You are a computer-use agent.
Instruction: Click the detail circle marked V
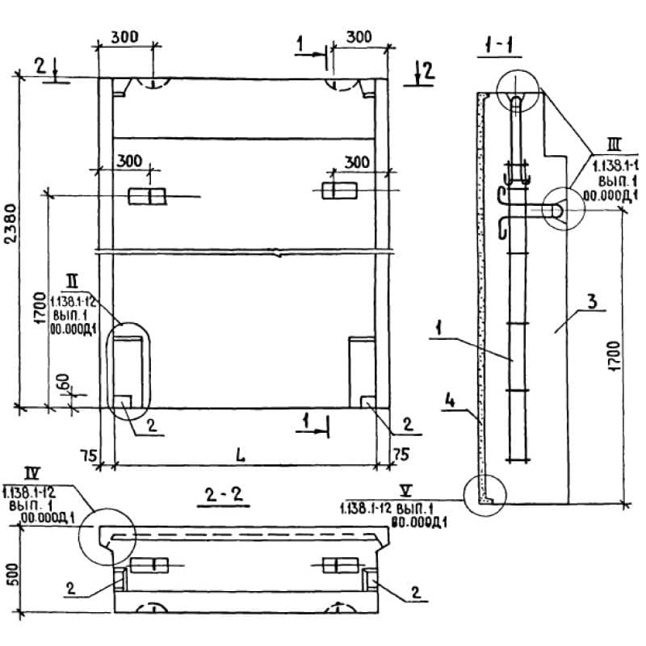(484, 492)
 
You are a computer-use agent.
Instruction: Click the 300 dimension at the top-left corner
(124, 36)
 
